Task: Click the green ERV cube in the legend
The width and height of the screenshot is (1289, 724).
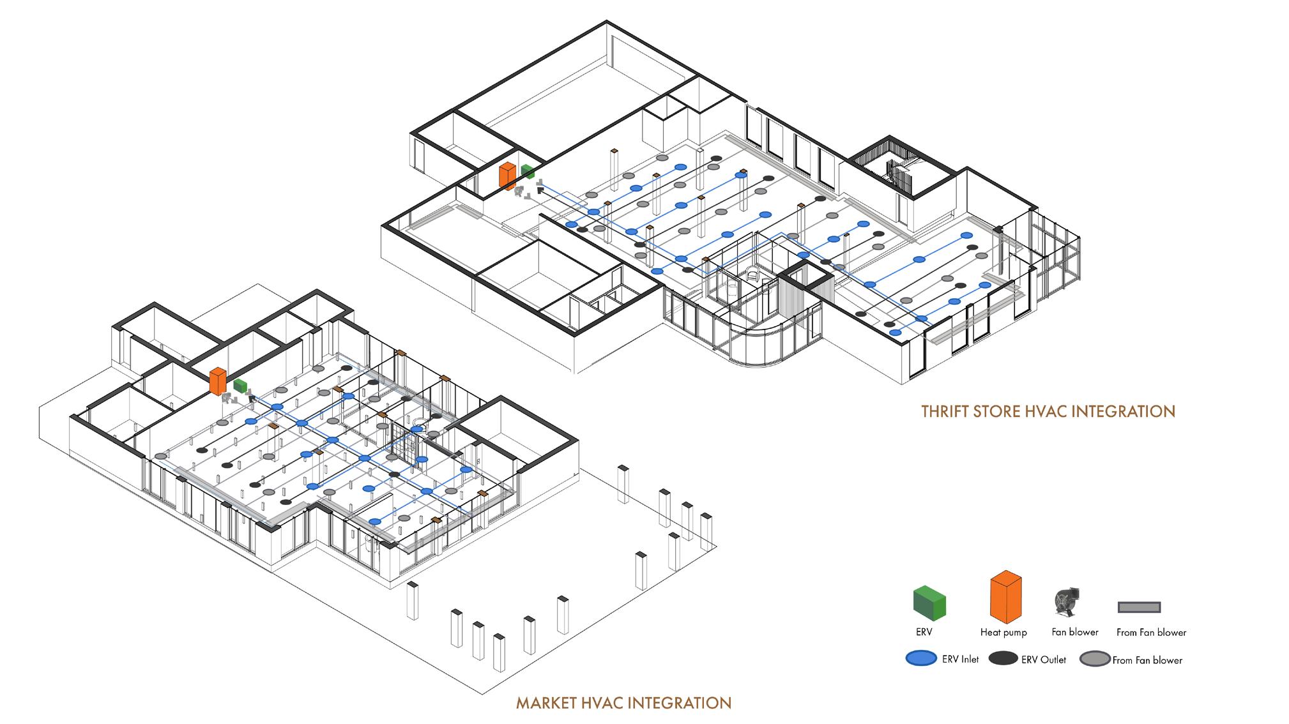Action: point(929,603)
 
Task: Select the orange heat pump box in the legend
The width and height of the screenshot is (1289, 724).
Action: point(1005,597)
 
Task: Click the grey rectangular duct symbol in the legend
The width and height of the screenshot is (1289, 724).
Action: point(1139,607)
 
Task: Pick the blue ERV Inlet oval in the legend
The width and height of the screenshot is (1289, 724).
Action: point(921,659)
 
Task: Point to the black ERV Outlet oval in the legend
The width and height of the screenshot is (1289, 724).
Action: point(1003,659)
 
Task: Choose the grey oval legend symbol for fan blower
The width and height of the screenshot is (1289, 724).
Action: point(1095,659)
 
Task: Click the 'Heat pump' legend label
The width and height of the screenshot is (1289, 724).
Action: point(1003,632)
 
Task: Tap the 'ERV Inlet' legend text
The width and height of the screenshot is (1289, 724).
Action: point(960,659)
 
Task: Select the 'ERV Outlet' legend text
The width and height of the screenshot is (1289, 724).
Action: point(1043,660)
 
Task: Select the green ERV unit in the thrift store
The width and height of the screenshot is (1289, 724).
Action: point(528,171)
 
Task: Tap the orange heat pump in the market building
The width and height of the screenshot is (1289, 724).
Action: point(217,381)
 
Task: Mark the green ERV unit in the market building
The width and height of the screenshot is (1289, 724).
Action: point(240,386)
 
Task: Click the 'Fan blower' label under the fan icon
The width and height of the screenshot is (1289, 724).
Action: point(1075,631)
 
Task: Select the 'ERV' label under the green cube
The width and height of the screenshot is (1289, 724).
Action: point(924,632)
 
